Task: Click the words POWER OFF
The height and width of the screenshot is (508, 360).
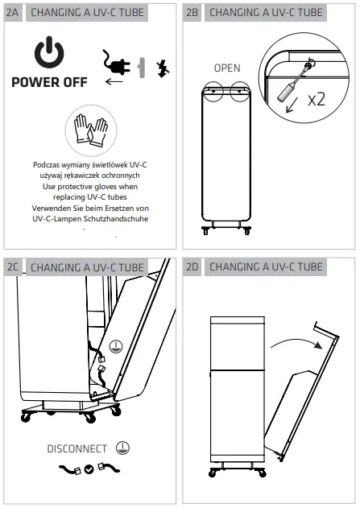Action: click(x=50, y=82)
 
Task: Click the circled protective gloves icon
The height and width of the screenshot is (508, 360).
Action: click(x=90, y=131)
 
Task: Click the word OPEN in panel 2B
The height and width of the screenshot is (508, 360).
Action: click(x=226, y=68)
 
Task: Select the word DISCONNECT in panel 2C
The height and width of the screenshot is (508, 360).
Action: click(x=77, y=448)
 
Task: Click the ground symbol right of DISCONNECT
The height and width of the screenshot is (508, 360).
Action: click(x=123, y=448)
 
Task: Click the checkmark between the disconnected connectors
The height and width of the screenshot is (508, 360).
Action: click(x=89, y=469)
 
